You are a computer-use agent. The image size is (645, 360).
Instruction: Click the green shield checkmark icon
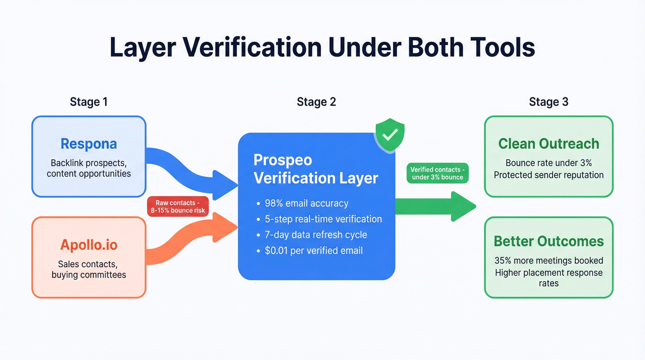coord(390,134)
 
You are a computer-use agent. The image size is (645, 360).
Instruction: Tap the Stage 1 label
coord(88,102)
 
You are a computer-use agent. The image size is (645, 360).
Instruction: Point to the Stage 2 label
coord(316,102)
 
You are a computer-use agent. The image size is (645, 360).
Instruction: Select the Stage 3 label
coord(548,102)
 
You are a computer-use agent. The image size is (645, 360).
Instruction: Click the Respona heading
coord(88,144)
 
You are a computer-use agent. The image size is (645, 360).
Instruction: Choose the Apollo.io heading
coord(88,245)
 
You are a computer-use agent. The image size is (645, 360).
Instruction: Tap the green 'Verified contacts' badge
coord(438,173)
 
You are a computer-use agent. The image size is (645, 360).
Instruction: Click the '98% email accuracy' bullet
coord(306,203)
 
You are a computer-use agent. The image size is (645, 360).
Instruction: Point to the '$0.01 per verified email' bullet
coord(313,251)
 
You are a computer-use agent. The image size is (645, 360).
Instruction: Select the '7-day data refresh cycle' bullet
coord(316,235)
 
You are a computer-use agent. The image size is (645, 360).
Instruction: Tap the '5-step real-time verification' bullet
coord(323,219)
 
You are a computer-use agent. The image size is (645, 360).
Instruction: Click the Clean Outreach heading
coord(549,144)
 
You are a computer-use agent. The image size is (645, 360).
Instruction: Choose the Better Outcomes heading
coord(549,241)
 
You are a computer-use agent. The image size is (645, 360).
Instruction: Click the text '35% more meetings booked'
coord(549,260)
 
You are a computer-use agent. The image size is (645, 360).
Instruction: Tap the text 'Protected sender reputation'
coord(549,175)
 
